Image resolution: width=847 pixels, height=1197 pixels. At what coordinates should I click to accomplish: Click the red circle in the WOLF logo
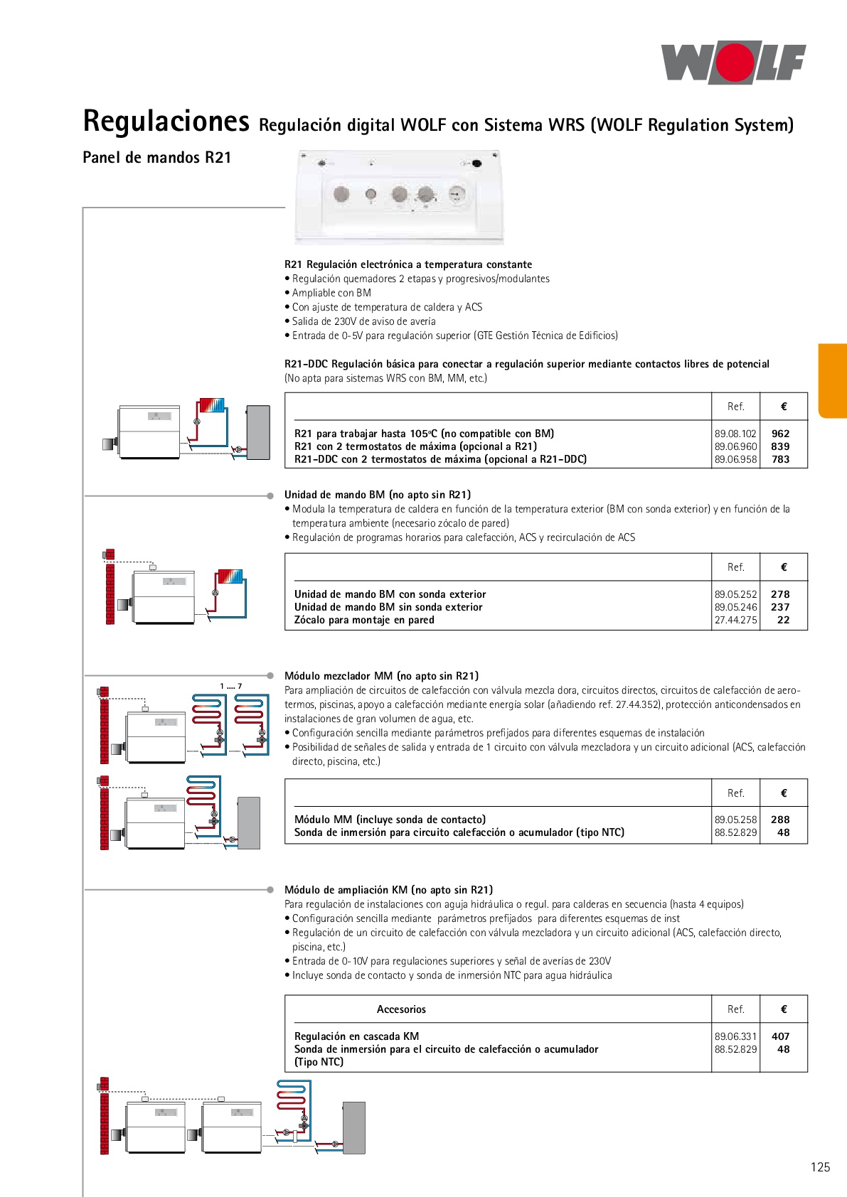coord(735,63)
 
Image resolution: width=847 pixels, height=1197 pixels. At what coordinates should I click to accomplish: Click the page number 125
coord(820,1167)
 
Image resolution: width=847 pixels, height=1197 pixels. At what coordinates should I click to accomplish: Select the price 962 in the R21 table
coord(780,434)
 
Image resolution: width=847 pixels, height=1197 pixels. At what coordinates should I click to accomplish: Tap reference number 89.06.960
coord(735,446)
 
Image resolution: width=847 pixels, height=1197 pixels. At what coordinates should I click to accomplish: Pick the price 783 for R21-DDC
coord(780,459)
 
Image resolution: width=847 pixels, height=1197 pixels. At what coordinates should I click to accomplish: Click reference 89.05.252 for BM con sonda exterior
coord(735,594)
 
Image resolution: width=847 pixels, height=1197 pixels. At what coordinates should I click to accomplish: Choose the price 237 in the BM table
coord(780,607)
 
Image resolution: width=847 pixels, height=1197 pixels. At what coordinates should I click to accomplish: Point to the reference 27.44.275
coord(735,620)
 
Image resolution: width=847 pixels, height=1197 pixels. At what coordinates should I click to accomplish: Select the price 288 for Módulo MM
coord(780,820)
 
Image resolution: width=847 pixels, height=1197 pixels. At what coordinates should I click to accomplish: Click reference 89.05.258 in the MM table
coord(735,820)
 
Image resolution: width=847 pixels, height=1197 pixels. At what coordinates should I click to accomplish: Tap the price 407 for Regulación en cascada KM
coord(780,1036)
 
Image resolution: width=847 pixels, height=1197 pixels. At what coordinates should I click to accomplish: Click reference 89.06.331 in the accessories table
coord(735,1036)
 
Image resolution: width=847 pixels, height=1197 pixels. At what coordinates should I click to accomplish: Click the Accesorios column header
coord(401,1009)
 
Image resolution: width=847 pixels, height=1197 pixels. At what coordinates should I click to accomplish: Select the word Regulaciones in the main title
coord(166,122)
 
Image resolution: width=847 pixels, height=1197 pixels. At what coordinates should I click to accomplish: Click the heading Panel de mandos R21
coord(157,158)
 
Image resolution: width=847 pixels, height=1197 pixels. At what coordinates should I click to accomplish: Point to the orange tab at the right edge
coord(833,381)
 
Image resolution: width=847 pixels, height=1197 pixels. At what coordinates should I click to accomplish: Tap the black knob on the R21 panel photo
coord(476,163)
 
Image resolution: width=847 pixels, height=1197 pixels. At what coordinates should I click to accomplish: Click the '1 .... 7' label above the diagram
coord(230,686)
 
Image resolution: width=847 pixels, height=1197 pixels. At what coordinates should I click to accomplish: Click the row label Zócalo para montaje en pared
coord(364,620)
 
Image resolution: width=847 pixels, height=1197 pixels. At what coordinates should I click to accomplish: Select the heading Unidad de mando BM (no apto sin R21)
coord(378,495)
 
